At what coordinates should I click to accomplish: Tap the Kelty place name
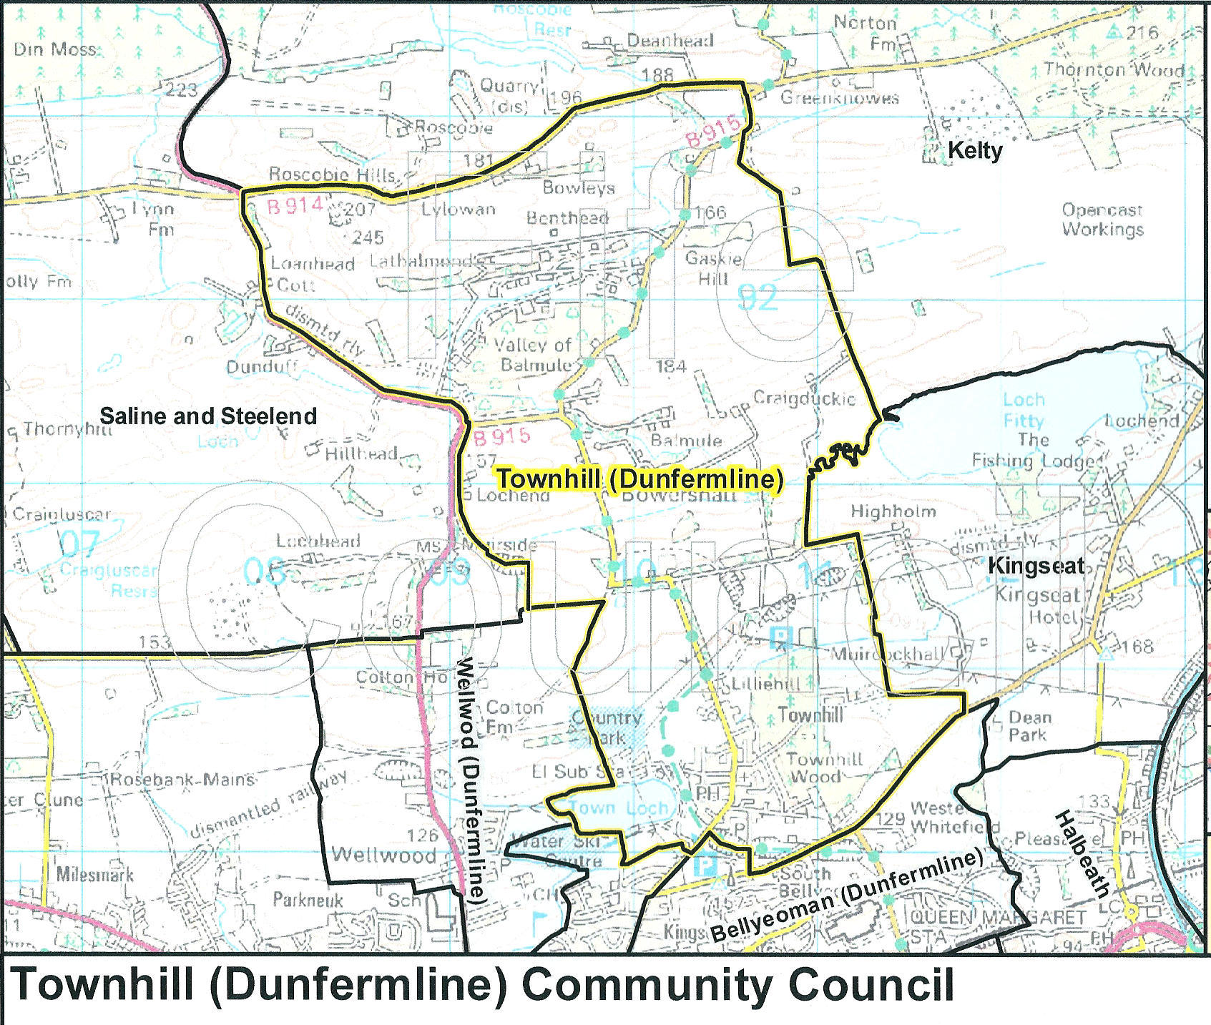(x=975, y=150)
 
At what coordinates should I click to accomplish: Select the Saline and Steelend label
(x=208, y=416)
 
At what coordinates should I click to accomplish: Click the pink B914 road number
(x=295, y=207)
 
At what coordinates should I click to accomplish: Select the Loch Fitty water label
(x=1024, y=410)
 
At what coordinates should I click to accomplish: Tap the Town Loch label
(x=619, y=808)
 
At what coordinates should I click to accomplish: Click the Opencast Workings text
(x=1102, y=220)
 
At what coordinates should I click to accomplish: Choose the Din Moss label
(x=54, y=49)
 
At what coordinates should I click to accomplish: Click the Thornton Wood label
(x=1114, y=69)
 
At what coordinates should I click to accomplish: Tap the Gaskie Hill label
(x=713, y=268)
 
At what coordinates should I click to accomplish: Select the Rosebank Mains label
(x=182, y=779)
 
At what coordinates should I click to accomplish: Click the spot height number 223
(x=181, y=90)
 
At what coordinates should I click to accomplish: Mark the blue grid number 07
(x=78, y=544)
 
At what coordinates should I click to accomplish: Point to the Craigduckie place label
(x=804, y=398)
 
